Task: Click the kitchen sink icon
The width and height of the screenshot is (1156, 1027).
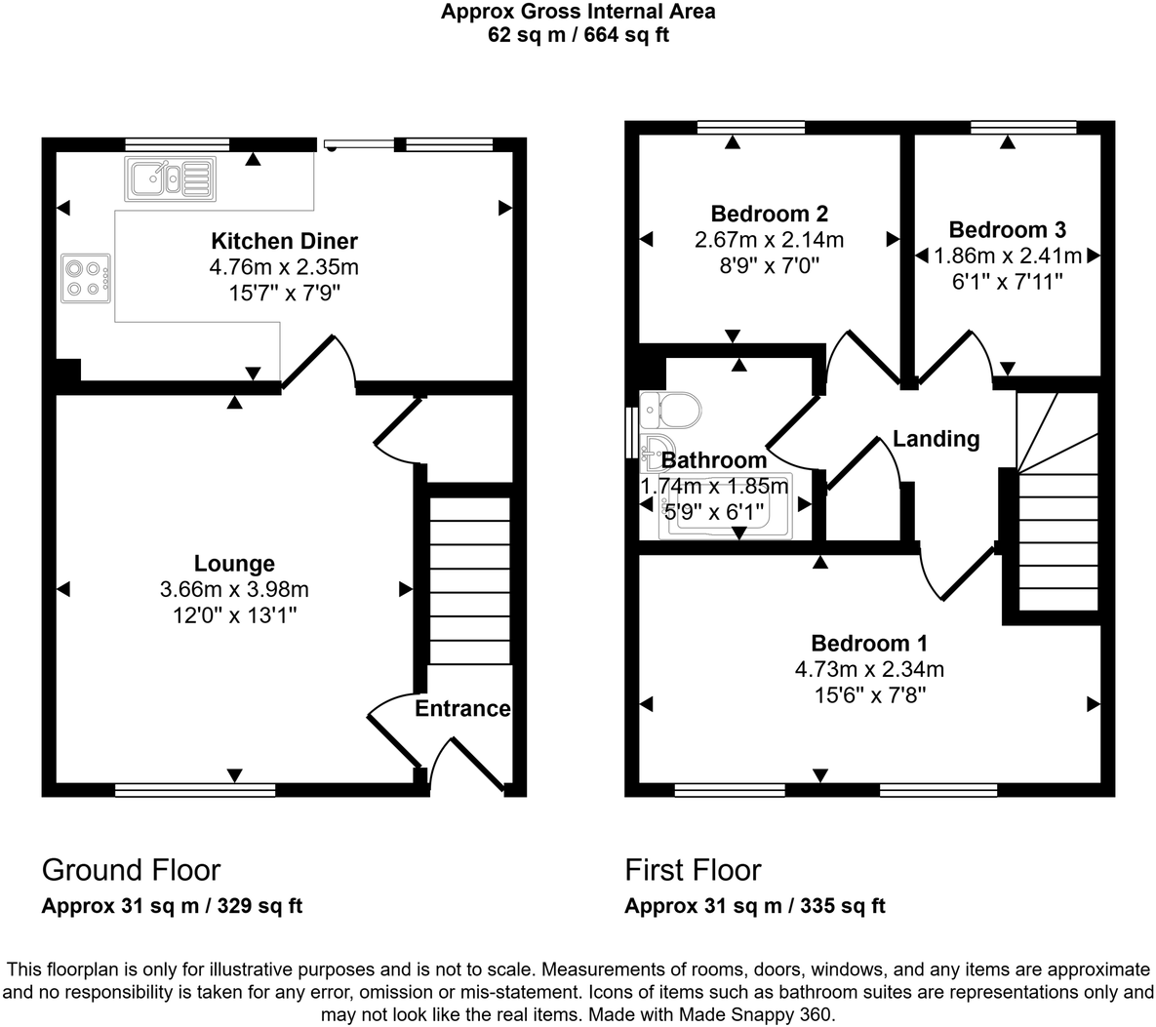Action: (x=168, y=178)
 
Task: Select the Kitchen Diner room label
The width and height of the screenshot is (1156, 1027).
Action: (x=285, y=241)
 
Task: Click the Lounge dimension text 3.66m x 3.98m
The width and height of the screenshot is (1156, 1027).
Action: (x=234, y=589)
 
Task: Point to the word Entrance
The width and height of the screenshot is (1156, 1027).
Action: (x=462, y=708)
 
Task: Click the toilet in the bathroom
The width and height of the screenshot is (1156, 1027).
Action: (x=672, y=409)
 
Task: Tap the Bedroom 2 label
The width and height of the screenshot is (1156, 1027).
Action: (x=769, y=214)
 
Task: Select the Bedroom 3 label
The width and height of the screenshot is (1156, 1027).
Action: (x=1007, y=230)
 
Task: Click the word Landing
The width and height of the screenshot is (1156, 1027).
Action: (x=936, y=439)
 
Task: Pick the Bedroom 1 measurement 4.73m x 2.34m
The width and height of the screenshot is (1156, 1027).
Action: (x=868, y=669)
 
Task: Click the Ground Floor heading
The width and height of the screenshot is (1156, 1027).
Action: (x=131, y=870)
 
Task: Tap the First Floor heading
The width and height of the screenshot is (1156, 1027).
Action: (x=693, y=870)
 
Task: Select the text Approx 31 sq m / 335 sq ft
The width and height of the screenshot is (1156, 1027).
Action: (x=754, y=906)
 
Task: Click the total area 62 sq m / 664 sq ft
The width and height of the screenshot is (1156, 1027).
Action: (x=578, y=36)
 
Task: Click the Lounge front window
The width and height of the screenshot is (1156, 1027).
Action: (x=195, y=789)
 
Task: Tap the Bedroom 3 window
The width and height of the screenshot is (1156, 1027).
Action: (x=1023, y=127)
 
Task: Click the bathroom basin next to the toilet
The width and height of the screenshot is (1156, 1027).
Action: (x=655, y=452)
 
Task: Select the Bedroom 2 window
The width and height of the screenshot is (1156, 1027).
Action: (x=751, y=127)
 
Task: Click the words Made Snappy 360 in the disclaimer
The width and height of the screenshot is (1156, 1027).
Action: (x=772, y=1014)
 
